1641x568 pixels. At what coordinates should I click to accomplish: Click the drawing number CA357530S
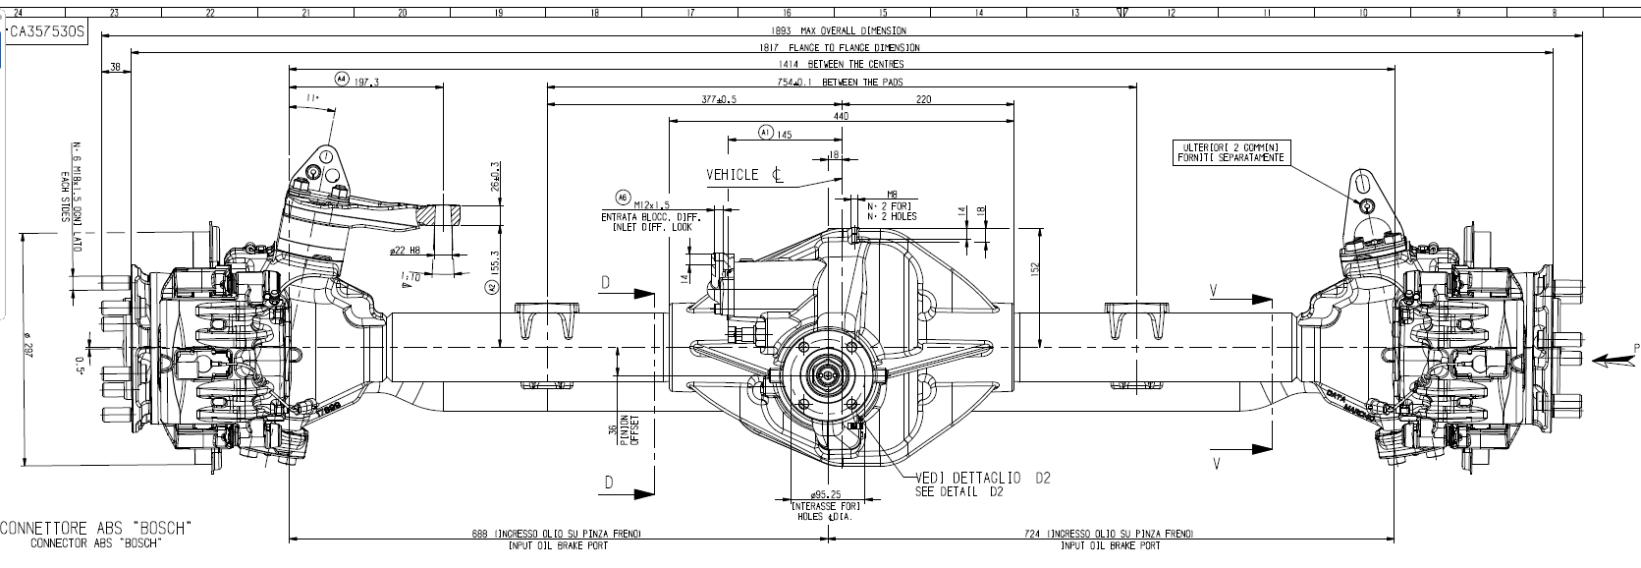click(x=47, y=31)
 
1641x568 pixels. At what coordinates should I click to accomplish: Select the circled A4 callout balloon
click(x=341, y=79)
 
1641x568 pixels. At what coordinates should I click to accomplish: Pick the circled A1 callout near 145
click(x=766, y=131)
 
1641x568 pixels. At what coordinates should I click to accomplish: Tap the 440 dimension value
click(x=841, y=116)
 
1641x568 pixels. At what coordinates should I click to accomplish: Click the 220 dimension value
click(x=923, y=99)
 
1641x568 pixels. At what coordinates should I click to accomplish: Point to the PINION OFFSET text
click(x=629, y=430)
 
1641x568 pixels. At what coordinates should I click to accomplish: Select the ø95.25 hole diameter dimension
click(x=826, y=494)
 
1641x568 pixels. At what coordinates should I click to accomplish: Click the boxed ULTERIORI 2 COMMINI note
click(x=1231, y=151)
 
